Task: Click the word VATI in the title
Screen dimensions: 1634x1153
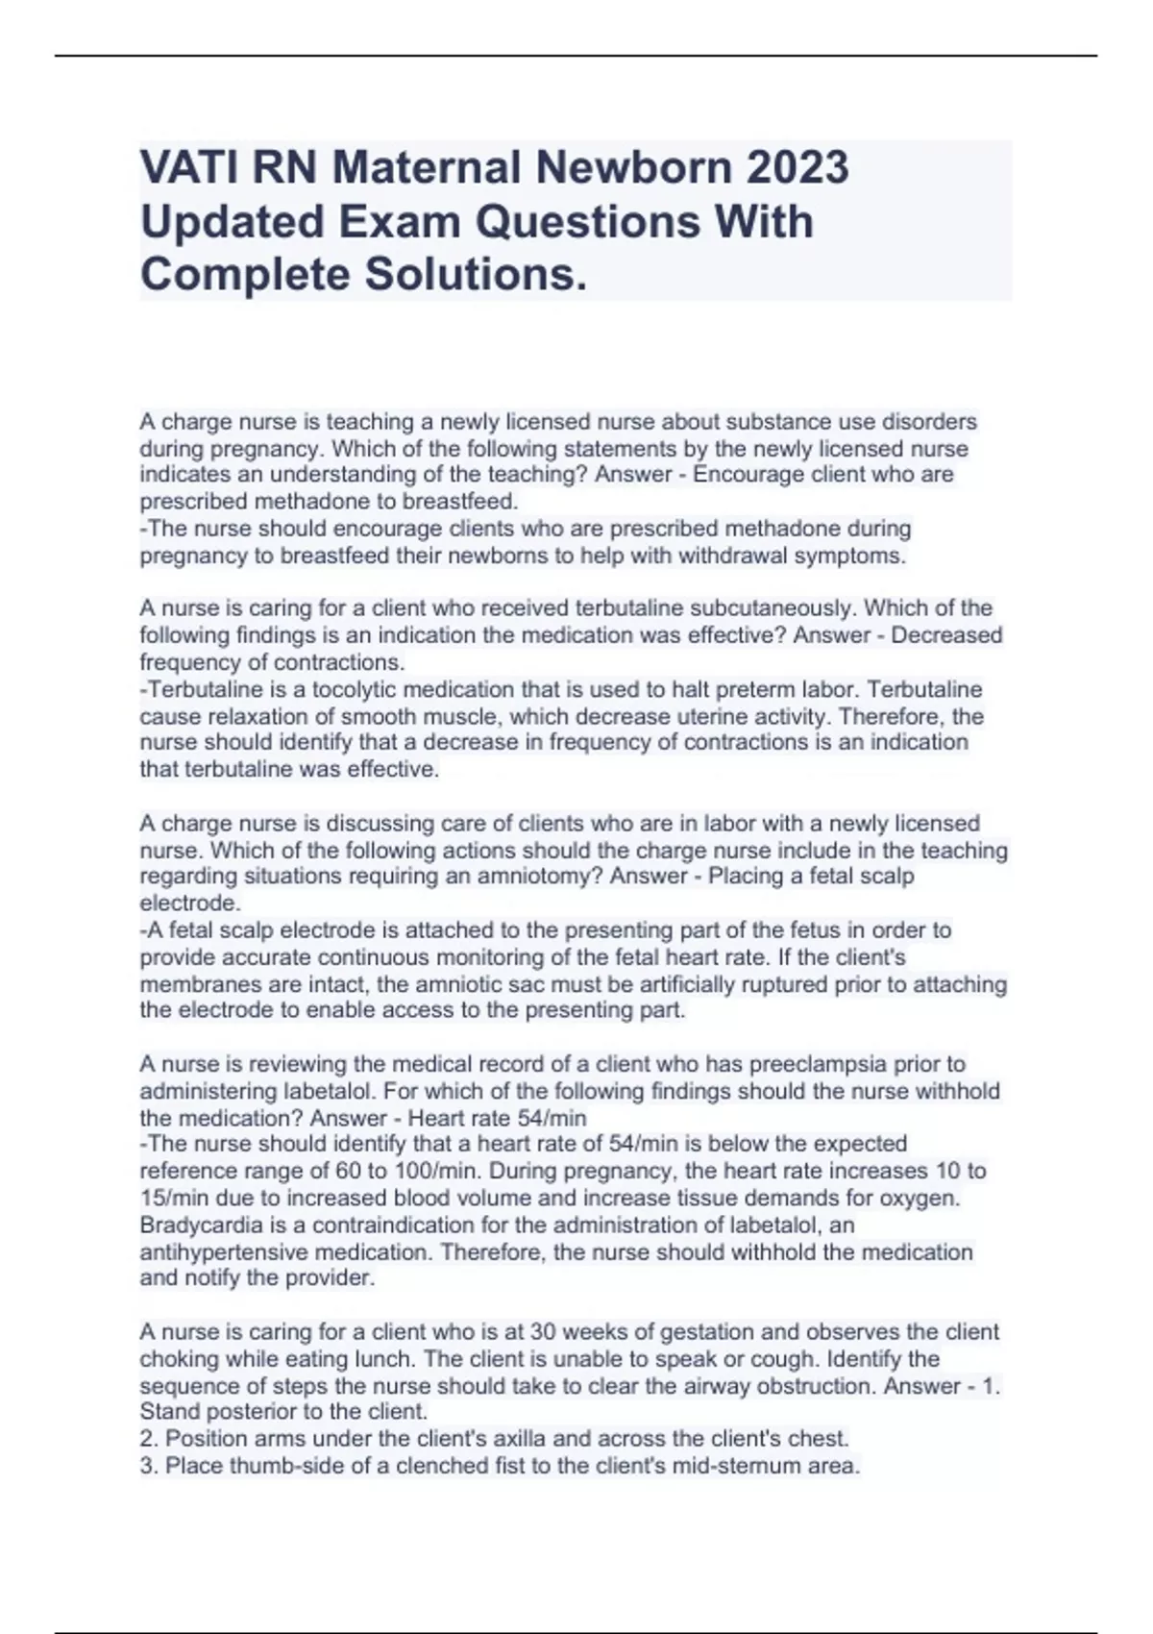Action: tap(188, 167)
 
